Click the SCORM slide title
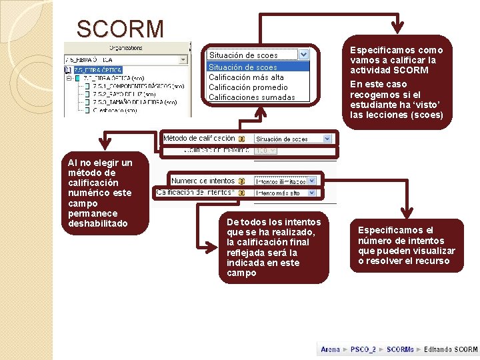pyautogui.click(x=120, y=29)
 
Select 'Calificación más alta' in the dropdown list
pyautogui.click(x=246, y=77)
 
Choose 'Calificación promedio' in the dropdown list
pyautogui.click(x=248, y=87)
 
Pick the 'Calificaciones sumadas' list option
pyautogui.click(x=251, y=97)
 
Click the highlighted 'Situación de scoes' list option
pyautogui.click(x=243, y=67)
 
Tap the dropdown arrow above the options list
pyautogui.click(x=304, y=55)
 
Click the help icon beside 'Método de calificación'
pyautogui.click(x=241, y=139)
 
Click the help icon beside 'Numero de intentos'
pyautogui.click(x=241, y=181)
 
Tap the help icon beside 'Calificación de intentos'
pyautogui.click(x=241, y=193)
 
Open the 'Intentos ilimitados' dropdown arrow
pyautogui.click(x=313, y=181)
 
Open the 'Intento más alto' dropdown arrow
pyautogui.click(x=313, y=193)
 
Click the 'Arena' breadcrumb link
pyautogui.click(x=330, y=349)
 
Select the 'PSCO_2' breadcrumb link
pyautogui.click(x=363, y=349)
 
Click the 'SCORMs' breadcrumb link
pyautogui.click(x=400, y=349)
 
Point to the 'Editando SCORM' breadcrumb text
pyautogui.click(x=450, y=349)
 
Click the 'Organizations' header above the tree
pyautogui.click(x=126, y=48)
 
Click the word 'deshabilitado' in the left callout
pyautogui.click(x=98, y=223)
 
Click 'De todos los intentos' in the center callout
pyautogui.click(x=273, y=222)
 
